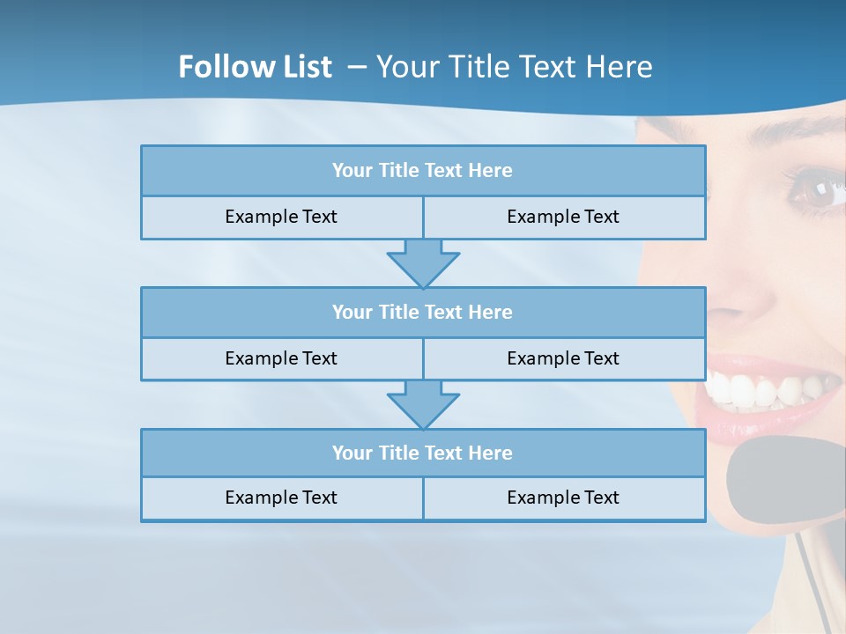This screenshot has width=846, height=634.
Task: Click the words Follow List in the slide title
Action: [255, 67]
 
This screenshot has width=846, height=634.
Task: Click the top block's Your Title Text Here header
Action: [422, 171]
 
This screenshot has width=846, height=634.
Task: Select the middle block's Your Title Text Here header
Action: [422, 312]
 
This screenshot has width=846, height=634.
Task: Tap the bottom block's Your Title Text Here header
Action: [422, 453]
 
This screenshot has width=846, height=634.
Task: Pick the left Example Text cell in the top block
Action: [281, 217]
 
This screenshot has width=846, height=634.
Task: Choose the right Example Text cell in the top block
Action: [563, 217]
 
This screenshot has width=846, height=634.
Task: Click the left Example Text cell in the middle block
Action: [281, 358]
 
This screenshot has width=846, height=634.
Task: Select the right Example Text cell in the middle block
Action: [563, 358]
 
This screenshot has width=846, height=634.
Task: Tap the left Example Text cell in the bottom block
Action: [281, 498]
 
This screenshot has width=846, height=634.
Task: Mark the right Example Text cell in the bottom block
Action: [563, 498]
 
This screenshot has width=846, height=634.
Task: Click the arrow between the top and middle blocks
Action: [423, 262]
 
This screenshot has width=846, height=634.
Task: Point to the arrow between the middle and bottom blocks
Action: [423, 404]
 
